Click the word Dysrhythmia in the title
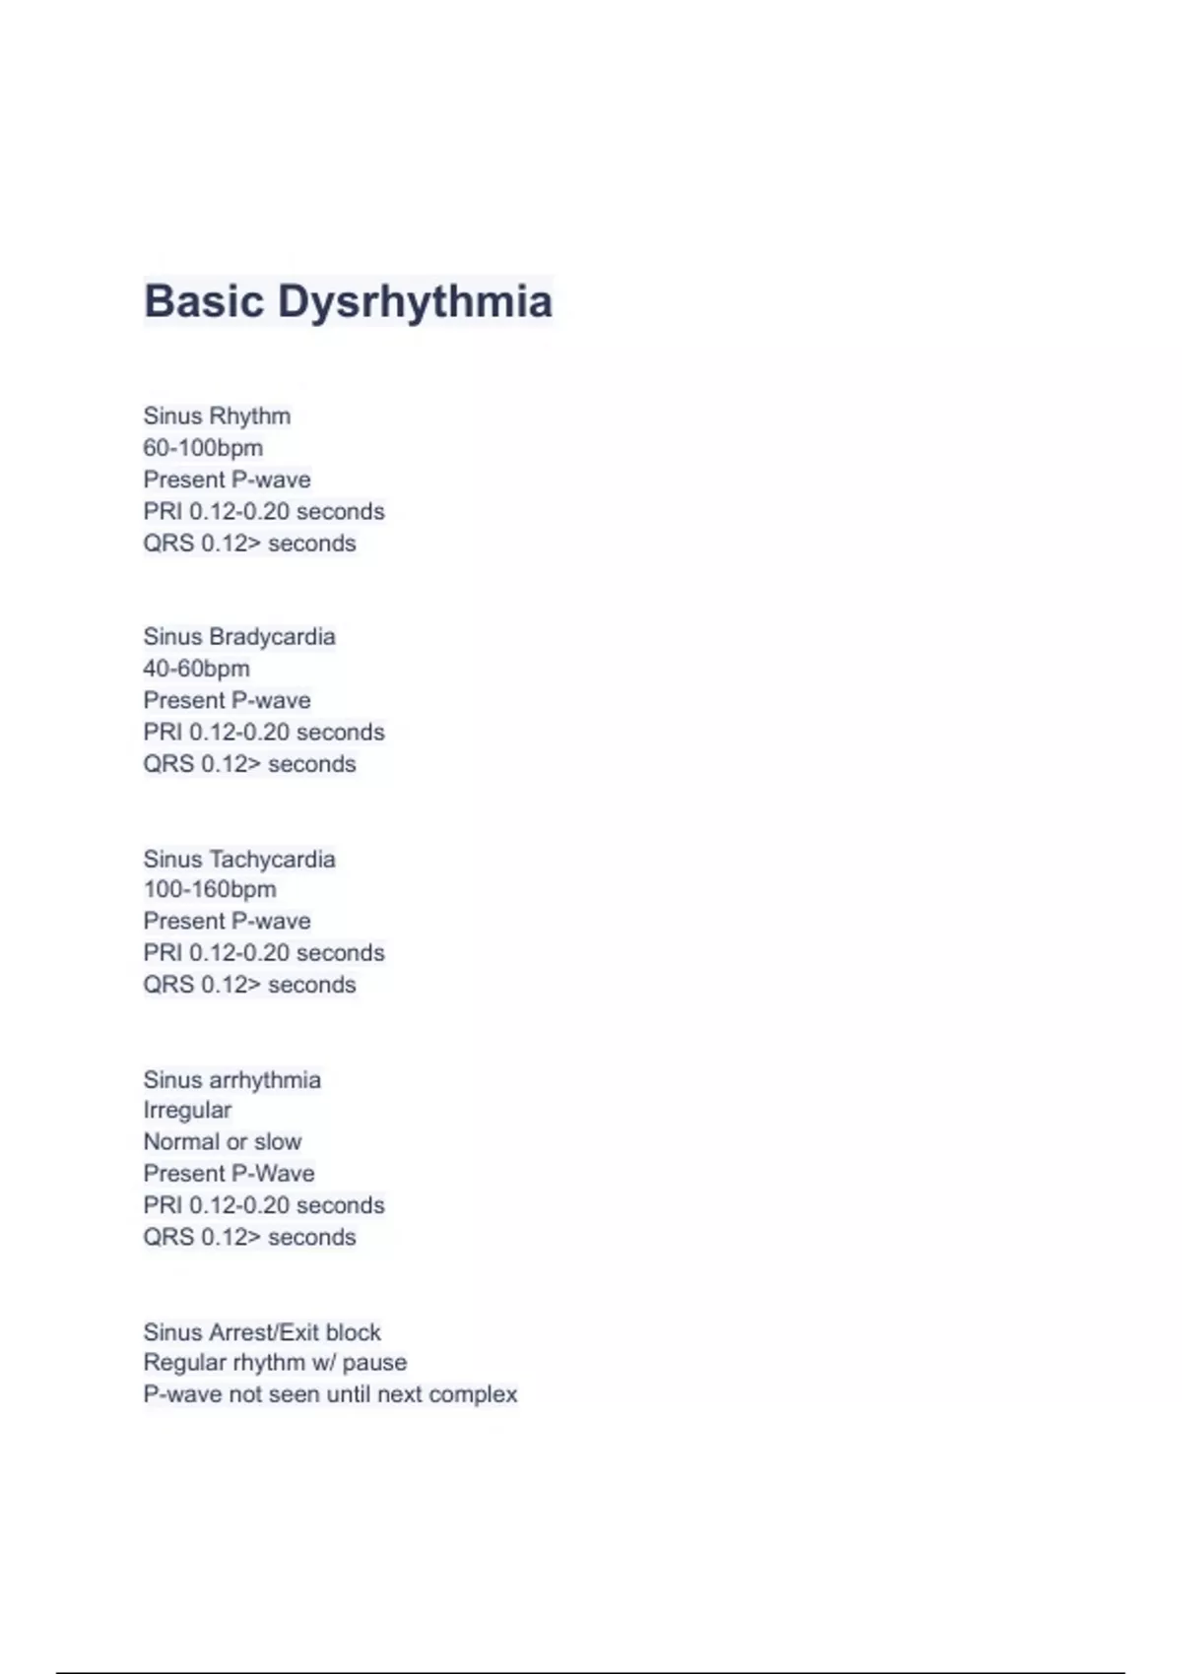415,301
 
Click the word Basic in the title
204,301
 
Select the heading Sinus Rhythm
217,417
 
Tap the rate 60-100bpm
203,448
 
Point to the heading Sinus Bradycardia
239,637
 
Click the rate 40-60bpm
196,669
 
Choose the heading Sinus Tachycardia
239,859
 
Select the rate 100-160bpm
210,889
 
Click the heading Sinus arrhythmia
232,1080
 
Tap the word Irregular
187,1110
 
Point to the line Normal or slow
223,1142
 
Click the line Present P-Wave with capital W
229,1174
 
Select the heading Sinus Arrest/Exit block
262,1332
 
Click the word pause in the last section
374,1363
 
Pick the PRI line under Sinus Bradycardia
264,733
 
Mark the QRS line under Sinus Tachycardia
249,985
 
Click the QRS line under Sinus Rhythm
249,544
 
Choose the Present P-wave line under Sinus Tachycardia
227,922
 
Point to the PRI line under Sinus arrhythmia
264,1205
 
